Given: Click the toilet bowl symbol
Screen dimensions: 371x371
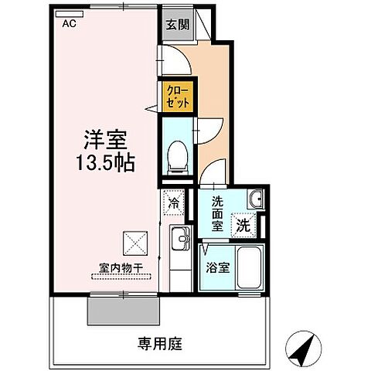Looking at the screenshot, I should pyautogui.click(x=177, y=156).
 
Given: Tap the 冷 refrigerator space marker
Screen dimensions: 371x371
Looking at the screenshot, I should pyautogui.click(x=174, y=204).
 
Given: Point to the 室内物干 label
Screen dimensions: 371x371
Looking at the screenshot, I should pyautogui.click(x=121, y=267).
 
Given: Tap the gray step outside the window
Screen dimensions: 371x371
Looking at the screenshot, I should pyautogui.click(x=124, y=309).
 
